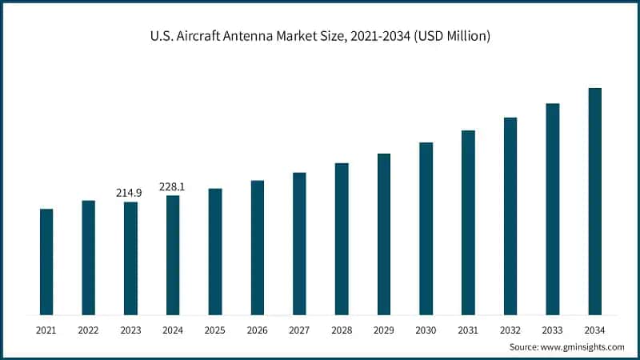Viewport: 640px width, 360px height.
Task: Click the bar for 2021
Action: point(46,262)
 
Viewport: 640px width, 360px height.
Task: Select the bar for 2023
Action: point(130,258)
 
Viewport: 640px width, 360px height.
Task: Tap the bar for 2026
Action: point(258,247)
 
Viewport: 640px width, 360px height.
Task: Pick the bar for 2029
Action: point(384,234)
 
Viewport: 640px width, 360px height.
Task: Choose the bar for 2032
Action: point(510,216)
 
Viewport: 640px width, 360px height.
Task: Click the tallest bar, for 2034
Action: point(595,201)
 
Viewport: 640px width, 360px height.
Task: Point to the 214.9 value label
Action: point(130,193)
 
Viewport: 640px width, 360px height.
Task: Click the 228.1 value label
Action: point(172,186)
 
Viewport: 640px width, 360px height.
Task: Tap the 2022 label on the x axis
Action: point(88,329)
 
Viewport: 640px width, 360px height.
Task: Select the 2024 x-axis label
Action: point(173,329)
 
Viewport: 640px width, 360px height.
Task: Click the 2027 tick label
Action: point(299,329)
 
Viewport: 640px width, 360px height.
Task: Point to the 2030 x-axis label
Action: point(426,329)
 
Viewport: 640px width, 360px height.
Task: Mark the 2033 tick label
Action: point(553,329)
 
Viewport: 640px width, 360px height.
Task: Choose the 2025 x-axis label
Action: point(215,329)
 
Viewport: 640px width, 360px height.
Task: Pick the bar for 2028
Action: point(342,238)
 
